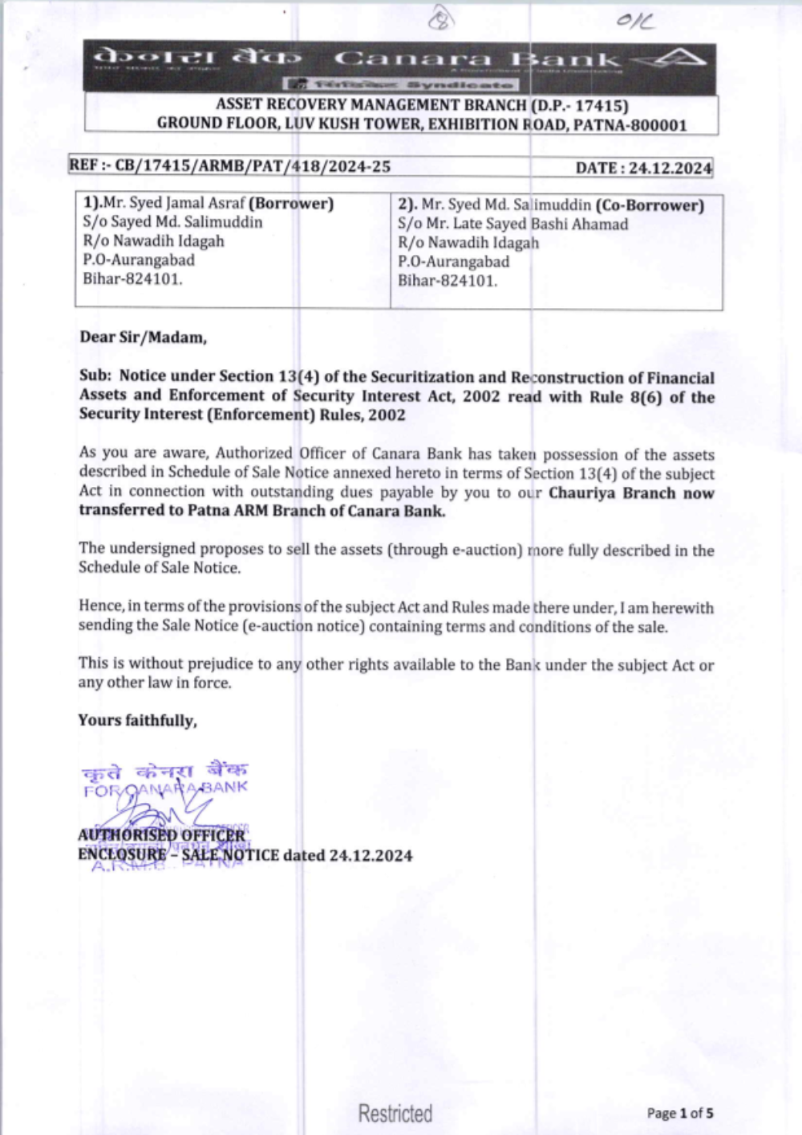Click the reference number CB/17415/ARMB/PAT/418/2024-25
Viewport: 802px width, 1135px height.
[x=253, y=166]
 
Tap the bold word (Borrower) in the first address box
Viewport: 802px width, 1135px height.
[x=291, y=203]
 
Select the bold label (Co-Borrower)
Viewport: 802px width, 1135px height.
[x=650, y=205]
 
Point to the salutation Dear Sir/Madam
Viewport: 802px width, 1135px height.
[x=143, y=337]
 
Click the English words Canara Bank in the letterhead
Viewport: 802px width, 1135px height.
[x=477, y=59]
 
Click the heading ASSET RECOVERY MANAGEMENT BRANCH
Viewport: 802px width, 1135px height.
[x=371, y=105]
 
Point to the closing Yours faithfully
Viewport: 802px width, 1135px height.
[x=137, y=720]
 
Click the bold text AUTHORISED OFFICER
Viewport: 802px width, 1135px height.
[x=161, y=835]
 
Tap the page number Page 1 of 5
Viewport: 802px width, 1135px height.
[x=680, y=1113]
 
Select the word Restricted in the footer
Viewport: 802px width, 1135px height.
[x=395, y=1113]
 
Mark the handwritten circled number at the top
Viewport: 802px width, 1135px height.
[x=440, y=19]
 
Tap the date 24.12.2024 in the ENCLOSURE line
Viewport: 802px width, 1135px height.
[x=371, y=855]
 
